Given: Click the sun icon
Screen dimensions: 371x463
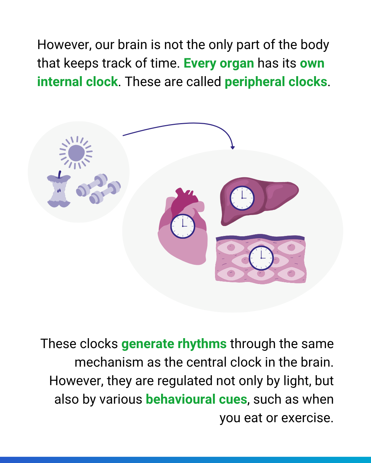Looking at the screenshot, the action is tap(76, 153).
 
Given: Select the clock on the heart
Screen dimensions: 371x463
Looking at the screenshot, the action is tap(183, 226).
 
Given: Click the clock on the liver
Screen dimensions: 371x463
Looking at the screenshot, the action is tap(242, 198).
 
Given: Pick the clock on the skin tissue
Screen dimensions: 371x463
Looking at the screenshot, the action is tap(261, 258).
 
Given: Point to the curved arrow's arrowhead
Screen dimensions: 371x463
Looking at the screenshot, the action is tap(233, 147).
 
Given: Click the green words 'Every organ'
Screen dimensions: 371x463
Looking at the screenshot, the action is tap(219, 63).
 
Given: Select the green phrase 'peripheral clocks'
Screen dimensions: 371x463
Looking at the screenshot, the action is tap(276, 82).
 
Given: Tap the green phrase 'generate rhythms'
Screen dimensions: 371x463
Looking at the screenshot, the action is tap(174, 344).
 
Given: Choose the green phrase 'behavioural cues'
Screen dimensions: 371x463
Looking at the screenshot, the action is tap(196, 399).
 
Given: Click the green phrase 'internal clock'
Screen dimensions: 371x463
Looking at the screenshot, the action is tap(78, 82).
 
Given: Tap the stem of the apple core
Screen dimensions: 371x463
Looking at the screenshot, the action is tap(59, 174).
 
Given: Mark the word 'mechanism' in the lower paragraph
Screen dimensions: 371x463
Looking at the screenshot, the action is tap(109, 363).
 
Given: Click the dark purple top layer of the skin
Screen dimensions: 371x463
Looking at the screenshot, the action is tap(260, 237).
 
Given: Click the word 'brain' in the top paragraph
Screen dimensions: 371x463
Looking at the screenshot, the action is tap(132, 45).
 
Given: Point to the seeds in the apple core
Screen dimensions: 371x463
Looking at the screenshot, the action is tap(59, 191).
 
